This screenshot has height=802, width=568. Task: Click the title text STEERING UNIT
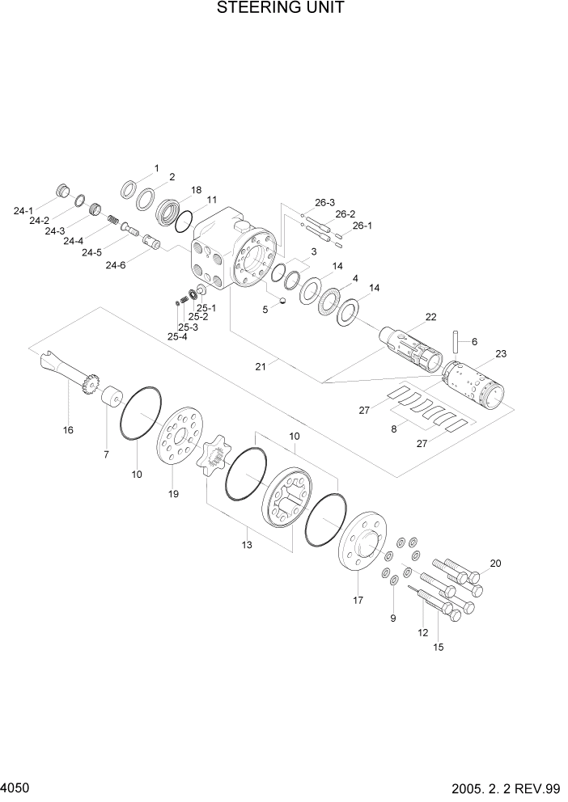pyautogui.click(x=281, y=9)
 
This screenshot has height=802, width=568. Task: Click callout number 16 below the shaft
pyautogui.click(x=68, y=430)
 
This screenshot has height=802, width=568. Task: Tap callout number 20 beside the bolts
pyautogui.click(x=495, y=564)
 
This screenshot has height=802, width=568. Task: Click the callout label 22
pyautogui.click(x=430, y=317)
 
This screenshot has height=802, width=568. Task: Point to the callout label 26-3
pyautogui.click(x=325, y=203)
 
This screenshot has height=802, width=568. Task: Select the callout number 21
pyautogui.click(x=261, y=366)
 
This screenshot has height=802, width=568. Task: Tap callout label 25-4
pyautogui.click(x=176, y=336)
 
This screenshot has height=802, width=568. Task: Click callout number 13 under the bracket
pyautogui.click(x=247, y=545)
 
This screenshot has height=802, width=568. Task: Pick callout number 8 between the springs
pyautogui.click(x=394, y=429)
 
